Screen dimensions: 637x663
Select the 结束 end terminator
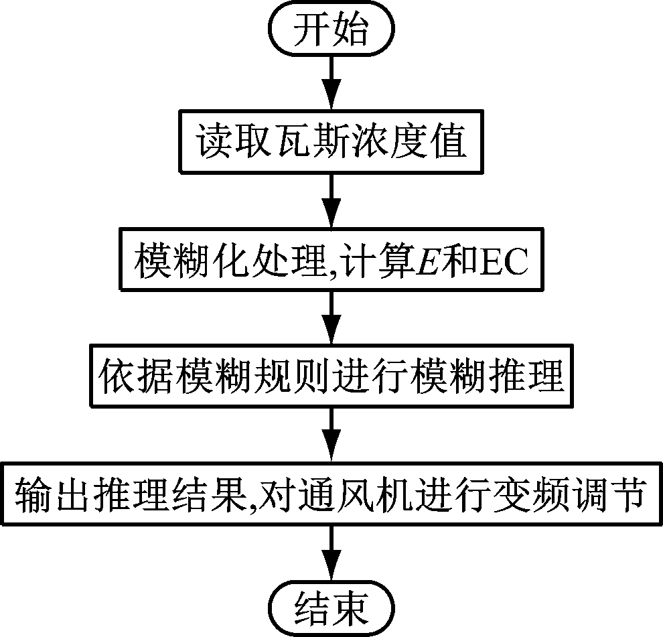(x=331, y=606)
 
